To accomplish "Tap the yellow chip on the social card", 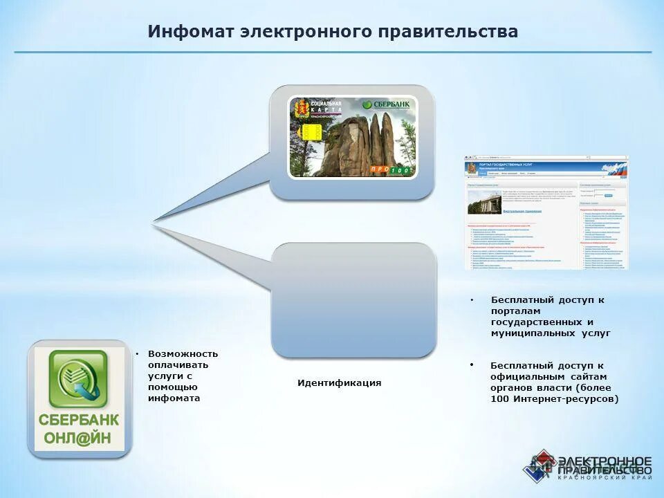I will pyautogui.click(x=310, y=133).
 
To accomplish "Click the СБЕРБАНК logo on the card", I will pyautogui.click(x=387, y=104).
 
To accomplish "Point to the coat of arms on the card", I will pyautogui.click(x=301, y=109).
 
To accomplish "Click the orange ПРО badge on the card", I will pyautogui.click(x=380, y=169).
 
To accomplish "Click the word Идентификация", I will pyautogui.click(x=339, y=382).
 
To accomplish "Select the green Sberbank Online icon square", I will pyautogui.click(x=77, y=380).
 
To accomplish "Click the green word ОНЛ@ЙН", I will pyautogui.click(x=78, y=438).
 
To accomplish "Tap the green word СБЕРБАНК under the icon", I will pyautogui.click(x=78, y=420).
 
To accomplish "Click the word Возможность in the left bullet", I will pyautogui.click(x=183, y=353).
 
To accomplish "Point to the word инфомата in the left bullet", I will pyautogui.click(x=174, y=398).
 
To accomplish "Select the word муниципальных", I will pyautogui.click(x=530, y=333).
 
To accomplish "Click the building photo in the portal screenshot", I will pyautogui.click(x=484, y=201).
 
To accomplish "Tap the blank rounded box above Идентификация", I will pyautogui.click(x=353, y=299).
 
